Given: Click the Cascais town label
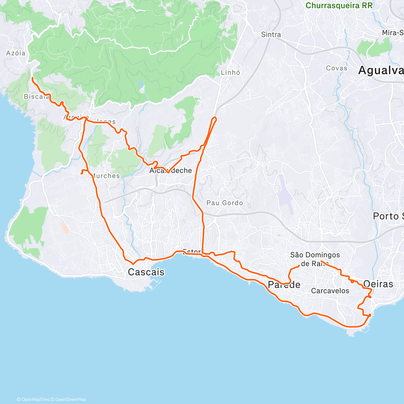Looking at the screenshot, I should (x=146, y=272).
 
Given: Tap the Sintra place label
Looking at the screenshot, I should (x=271, y=34).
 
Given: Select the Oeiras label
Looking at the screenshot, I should (x=378, y=284).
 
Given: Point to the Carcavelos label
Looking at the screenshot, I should (x=330, y=291).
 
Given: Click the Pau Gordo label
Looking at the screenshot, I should (x=225, y=203).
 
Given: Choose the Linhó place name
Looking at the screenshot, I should (x=231, y=72).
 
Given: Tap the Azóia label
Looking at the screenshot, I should (x=16, y=53).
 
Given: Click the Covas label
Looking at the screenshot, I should (x=336, y=68).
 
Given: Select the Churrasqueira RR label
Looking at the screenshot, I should (x=339, y=6).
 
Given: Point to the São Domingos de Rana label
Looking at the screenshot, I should (x=315, y=259).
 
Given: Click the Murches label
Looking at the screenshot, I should (x=106, y=176).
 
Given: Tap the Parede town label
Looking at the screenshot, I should (x=284, y=285).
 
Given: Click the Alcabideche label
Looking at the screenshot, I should (x=171, y=171).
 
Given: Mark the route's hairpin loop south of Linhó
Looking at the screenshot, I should (x=214, y=119).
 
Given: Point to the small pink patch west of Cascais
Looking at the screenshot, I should (x=65, y=227).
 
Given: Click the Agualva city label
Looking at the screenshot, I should (x=380, y=70).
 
